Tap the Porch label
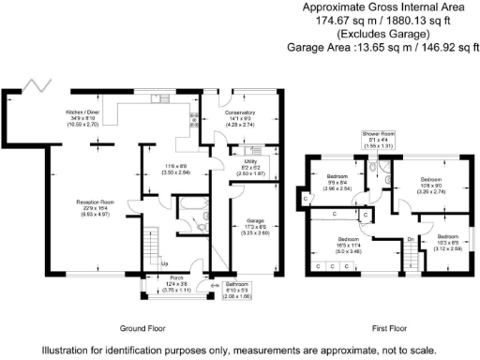click(175, 277)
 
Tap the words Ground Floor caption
click(143, 329)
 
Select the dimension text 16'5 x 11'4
click(349, 245)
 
